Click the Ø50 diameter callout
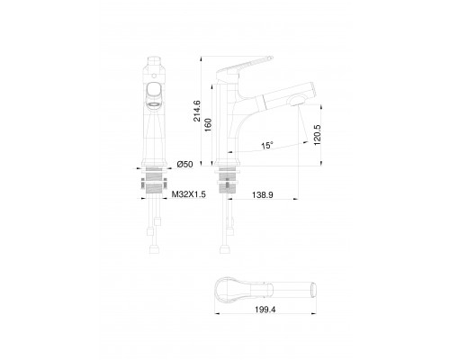coord(185,163)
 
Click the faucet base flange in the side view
coord(227,166)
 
